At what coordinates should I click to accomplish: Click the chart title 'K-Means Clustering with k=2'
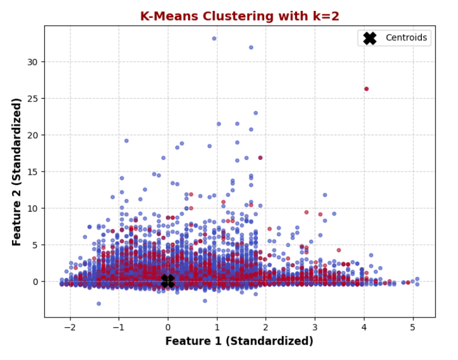pos(240,16)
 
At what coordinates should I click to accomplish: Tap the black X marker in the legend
pos(370,38)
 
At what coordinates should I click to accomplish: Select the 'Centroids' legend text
pos(406,38)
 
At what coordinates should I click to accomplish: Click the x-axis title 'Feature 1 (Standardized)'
pos(239,341)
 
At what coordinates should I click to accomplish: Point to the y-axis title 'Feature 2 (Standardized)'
pos(17,171)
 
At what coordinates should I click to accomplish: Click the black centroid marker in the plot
pos(167,281)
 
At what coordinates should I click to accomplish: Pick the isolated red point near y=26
pos(366,89)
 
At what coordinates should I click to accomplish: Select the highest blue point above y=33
pos(214,38)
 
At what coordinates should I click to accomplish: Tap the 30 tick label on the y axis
pos(34,62)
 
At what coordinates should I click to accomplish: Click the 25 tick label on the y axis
pos(34,99)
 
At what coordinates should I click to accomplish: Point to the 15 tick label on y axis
pos(34,171)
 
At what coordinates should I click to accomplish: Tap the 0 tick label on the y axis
pos(36,281)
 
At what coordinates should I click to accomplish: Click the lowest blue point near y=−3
pos(99,303)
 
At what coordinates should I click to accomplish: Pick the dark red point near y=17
pos(260,158)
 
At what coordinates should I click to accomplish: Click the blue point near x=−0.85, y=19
pos(126,140)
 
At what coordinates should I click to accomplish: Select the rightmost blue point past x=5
pos(417,279)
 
